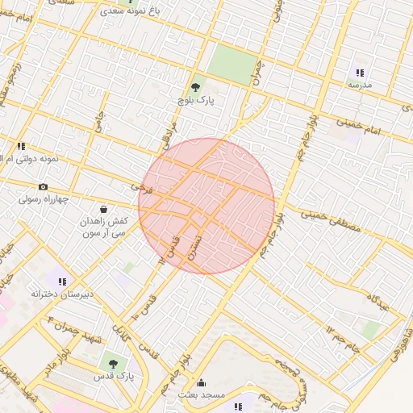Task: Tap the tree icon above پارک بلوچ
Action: click(195, 85)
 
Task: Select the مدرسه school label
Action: click(360, 84)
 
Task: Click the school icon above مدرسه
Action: click(360, 72)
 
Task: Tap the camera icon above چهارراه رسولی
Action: click(43, 186)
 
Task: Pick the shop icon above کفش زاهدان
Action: click(103, 209)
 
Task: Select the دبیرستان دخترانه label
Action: click(62, 294)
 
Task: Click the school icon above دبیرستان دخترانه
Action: click(62, 282)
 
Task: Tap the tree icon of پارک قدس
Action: click(112, 364)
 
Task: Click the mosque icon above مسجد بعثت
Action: click(201, 382)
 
